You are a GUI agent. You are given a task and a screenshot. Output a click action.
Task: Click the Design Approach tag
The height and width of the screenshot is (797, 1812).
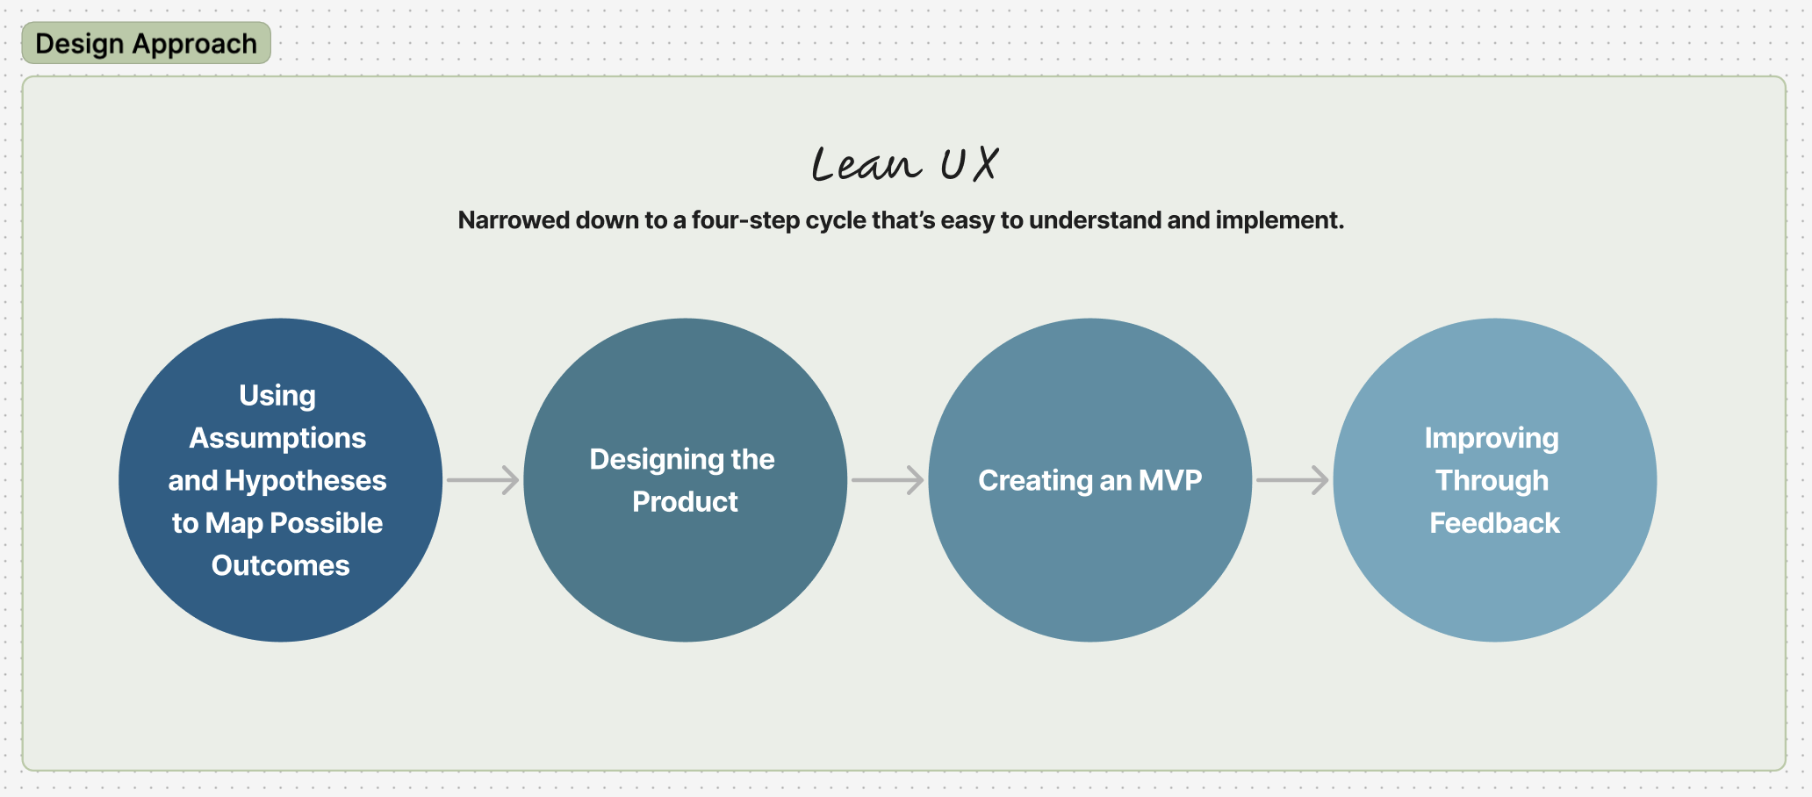point(146,43)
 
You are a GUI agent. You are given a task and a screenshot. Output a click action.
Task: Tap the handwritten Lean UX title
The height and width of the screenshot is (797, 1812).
point(904,164)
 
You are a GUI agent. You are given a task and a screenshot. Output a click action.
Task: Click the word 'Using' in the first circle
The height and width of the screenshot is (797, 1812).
point(277,396)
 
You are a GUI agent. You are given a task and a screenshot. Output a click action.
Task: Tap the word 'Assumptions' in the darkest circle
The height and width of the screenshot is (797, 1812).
point(277,438)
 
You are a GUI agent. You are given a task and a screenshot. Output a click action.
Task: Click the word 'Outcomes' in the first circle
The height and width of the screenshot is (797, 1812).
point(280,565)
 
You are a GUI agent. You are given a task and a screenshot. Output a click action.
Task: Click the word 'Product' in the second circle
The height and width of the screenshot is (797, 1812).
point(685,502)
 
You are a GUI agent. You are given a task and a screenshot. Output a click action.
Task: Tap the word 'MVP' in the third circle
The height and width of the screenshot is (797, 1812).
point(1170,481)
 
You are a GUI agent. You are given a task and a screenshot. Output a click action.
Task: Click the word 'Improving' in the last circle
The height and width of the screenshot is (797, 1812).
point(1492,438)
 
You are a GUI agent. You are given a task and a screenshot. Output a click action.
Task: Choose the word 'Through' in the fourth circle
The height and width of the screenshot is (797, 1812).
point(1492,481)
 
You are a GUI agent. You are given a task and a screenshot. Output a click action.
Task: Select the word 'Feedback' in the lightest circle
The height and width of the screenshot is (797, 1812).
point(1494,523)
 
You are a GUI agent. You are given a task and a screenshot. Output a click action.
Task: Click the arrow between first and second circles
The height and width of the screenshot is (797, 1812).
point(483,480)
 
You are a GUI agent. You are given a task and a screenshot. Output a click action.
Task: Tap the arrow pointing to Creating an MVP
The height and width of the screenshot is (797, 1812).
point(888,480)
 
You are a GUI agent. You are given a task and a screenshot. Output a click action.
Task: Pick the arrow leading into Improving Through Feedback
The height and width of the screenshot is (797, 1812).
point(1292,480)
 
